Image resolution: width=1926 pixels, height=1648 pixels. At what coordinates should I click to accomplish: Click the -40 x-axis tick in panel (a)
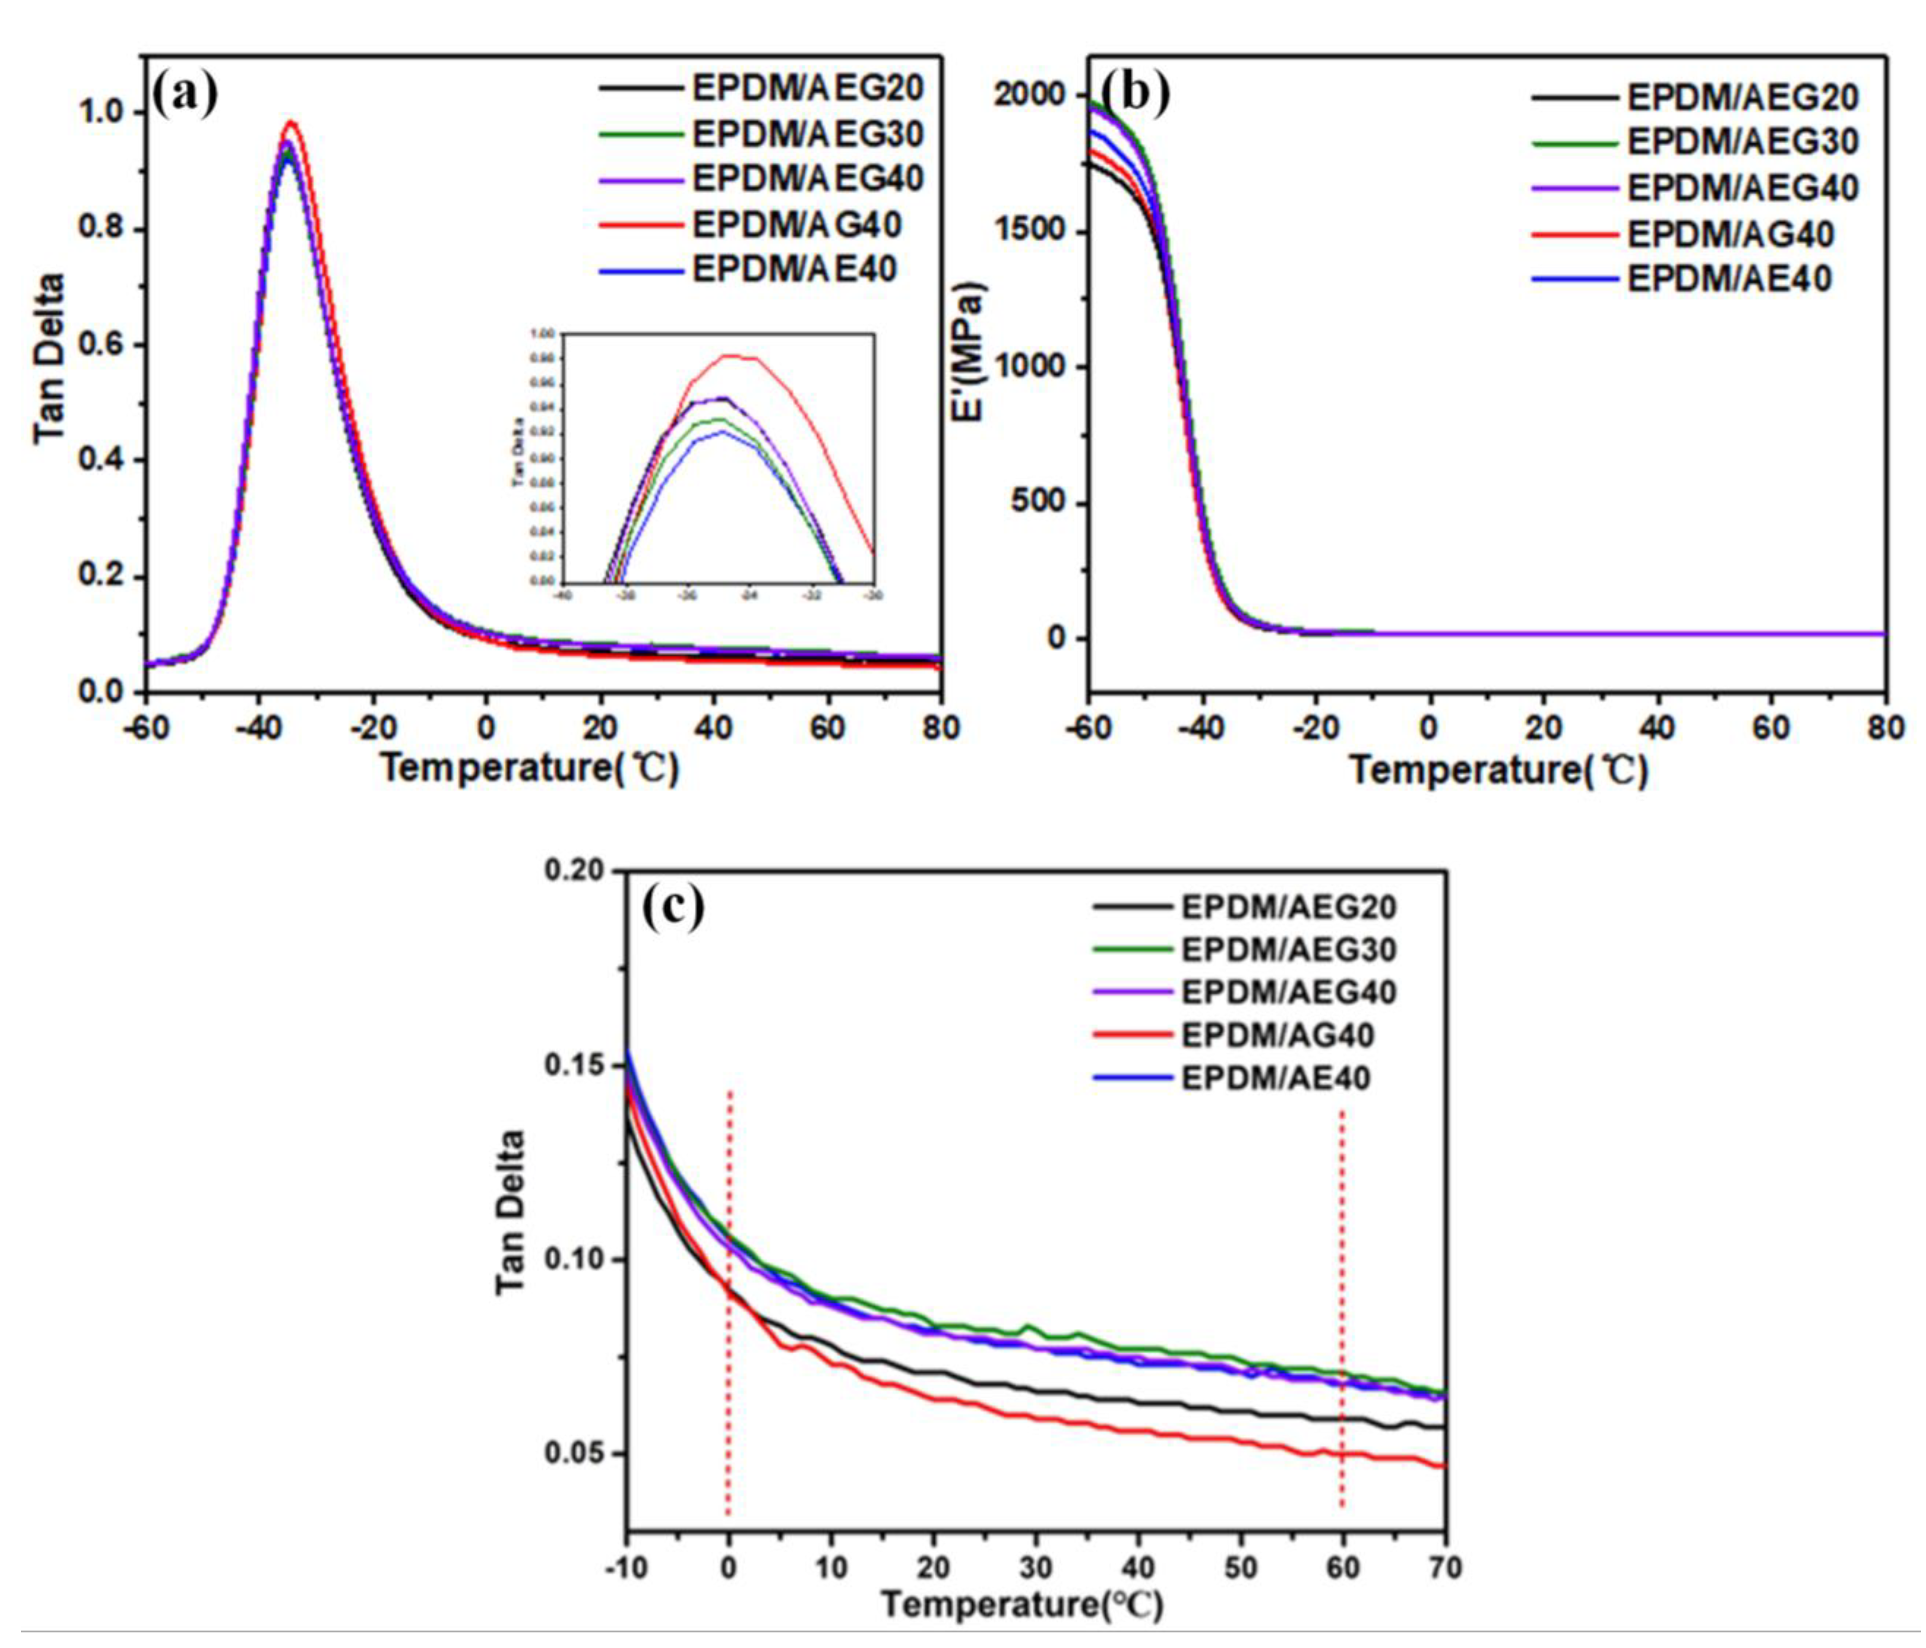click(258, 728)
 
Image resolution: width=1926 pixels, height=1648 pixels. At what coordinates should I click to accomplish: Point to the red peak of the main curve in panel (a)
click(291, 122)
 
